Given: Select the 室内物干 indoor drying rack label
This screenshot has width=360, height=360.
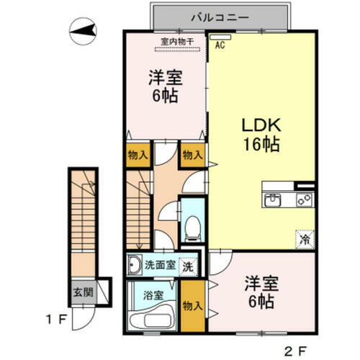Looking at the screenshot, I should (177, 42).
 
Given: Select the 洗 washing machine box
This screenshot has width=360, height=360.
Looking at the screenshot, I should (187, 264).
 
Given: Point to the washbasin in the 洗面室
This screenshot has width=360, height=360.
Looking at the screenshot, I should (135, 265).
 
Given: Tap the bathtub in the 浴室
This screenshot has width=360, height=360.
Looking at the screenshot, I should (153, 321).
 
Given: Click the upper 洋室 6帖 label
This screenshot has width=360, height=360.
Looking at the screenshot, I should (166, 85).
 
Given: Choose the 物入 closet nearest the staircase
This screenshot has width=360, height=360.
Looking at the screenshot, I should (139, 155).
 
